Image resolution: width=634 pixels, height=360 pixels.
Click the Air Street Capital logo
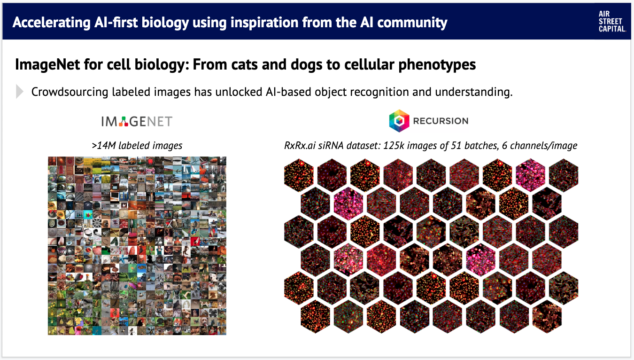coord(612,22)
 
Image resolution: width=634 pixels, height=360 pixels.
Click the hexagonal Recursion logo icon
coord(399,121)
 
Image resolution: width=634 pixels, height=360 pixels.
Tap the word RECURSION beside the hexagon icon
coord(441,121)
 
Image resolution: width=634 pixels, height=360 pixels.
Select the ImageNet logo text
coord(137,122)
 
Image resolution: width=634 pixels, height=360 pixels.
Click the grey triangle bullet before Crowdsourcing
coord(19,92)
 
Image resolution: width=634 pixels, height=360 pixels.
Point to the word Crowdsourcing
coord(70,92)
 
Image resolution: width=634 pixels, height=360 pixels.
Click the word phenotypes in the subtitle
coord(437,65)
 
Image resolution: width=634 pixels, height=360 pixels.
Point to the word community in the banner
coord(412,23)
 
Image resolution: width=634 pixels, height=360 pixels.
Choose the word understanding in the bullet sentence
coord(474,92)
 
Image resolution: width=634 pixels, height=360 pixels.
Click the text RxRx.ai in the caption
coord(300,145)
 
